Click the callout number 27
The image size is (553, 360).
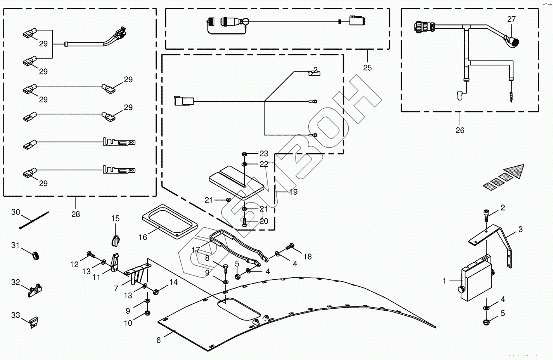tap(512, 19)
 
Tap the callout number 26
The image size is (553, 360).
tap(460, 130)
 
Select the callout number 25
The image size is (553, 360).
tap(367, 67)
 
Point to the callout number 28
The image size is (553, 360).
tap(76, 214)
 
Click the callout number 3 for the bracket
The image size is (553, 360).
tap(520, 229)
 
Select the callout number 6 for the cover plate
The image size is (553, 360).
tap(158, 340)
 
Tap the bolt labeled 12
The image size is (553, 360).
tap(90, 255)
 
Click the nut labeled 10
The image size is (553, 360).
tap(147, 313)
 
